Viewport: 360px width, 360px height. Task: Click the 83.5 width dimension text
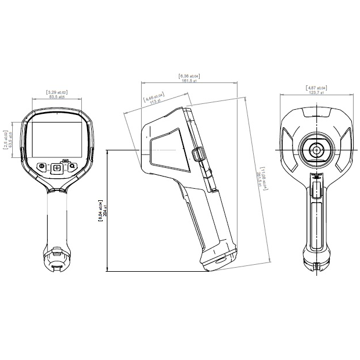(56, 96)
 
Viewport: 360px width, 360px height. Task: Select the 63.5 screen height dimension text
(11, 139)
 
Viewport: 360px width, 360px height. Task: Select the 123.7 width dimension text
(316, 92)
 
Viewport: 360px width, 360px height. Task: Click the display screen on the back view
(57, 139)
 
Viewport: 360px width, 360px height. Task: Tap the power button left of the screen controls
(42, 167)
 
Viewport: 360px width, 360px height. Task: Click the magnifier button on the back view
(72, 167)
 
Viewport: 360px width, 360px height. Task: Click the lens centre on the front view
(316, 150)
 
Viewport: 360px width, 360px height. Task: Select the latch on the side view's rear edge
(197, 153)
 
